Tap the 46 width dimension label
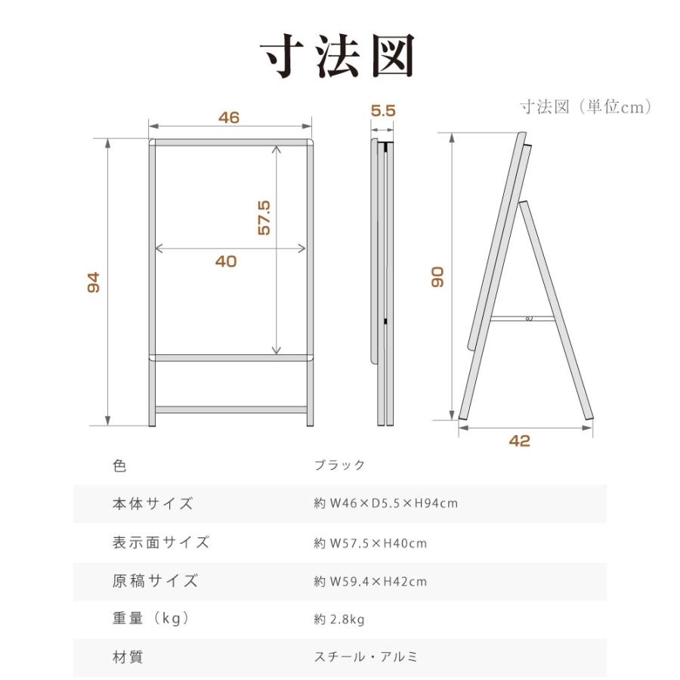pos(229,117)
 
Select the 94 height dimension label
pos(94,283)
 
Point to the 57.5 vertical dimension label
pos(264,218)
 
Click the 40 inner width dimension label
pos(226,261)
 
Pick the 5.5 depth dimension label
pos(383,110)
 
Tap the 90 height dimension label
pos(437,276)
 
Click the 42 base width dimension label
pos(520,441)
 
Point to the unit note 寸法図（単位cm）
pos(586,107)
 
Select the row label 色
pos(119,465)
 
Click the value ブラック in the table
pos(339,465)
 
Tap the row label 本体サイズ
pos(153,503)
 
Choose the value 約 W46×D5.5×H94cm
pos(386,503)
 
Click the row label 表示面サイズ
pos(160,542)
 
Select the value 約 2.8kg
pos(339,620)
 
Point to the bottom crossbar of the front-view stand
pos(230,410)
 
